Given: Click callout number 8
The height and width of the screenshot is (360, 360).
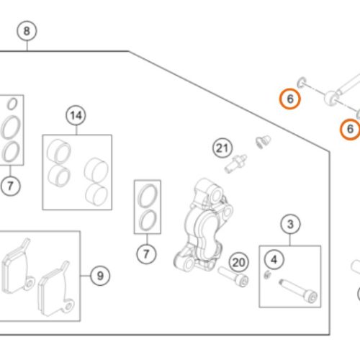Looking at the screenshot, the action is point(27,31).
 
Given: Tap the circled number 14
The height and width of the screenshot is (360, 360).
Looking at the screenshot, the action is point(76,115).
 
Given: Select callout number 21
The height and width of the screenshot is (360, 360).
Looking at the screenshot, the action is point(222,148).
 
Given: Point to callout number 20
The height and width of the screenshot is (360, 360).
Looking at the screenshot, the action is point(239,263).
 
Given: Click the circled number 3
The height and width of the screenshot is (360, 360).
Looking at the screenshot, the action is point(290,224).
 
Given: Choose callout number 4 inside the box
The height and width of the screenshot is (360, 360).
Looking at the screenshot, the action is point(274,260).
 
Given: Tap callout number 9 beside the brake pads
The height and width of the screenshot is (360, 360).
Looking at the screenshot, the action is point(100,276).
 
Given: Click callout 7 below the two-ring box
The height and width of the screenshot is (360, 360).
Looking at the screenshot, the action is point(146,254).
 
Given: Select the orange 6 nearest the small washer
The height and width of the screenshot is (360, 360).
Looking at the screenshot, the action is point(290,99).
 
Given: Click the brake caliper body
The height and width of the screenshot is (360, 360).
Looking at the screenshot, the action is point(204,225).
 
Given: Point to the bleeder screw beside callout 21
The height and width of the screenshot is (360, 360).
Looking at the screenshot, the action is point(235,163).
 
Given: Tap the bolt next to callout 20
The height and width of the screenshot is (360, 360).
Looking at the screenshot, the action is point(233,276).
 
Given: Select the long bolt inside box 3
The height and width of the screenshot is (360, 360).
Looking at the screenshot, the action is point(298,291).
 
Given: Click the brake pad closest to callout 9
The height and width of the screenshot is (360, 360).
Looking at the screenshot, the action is point(55,289).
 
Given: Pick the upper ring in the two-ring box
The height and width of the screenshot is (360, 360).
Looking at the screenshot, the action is point(148,196).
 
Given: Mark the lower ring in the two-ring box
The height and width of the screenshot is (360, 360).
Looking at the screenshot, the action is point(148,220).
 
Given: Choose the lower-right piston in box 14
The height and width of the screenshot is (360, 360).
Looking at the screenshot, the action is point(96,194).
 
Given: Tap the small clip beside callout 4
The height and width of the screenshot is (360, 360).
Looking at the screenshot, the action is point(267,274).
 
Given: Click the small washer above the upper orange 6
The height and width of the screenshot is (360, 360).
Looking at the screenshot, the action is point(302,82).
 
